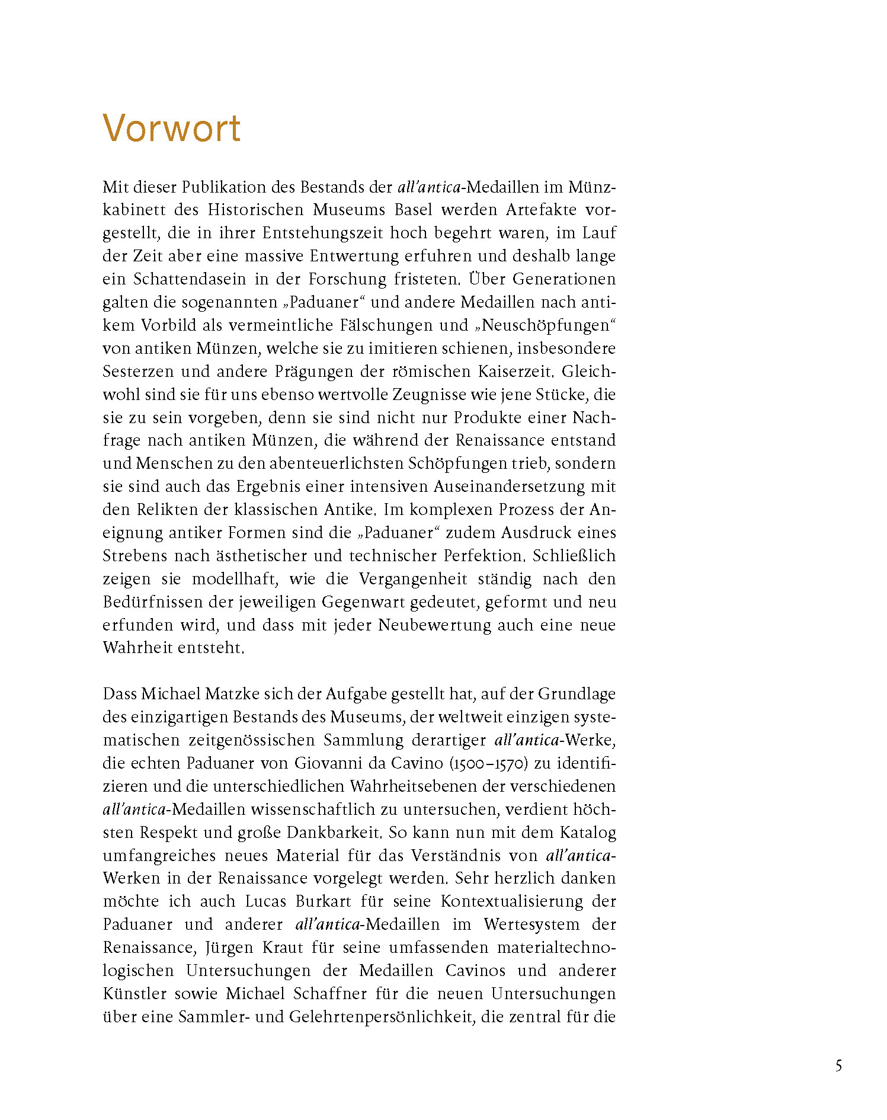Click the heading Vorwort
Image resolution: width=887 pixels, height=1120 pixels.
172,128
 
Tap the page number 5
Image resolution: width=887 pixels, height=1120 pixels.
838,1065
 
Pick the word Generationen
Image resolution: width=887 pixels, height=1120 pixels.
564,279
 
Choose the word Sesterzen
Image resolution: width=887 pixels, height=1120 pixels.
138,372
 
